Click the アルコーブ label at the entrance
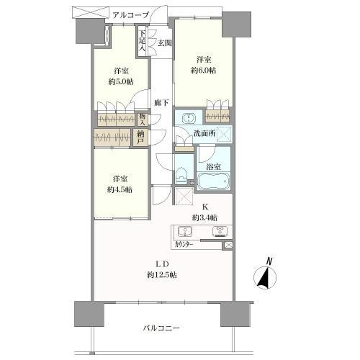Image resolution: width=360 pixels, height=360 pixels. point(131,15)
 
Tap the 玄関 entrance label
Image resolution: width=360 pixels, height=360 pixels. point(165,43)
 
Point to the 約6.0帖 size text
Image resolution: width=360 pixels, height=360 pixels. point(203,71)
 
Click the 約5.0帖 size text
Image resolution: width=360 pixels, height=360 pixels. point(121,82)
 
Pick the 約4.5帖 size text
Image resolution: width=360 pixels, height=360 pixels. point(120,190)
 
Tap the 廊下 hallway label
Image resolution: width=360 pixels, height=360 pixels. point(161,103)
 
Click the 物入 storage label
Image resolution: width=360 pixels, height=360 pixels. point(142,120)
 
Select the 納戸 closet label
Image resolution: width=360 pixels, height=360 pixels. point(140,138)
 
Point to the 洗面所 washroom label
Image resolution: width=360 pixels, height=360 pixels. point(204,133)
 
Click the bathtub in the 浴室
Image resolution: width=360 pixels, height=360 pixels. point(213,181)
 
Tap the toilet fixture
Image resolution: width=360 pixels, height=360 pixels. point(181,174)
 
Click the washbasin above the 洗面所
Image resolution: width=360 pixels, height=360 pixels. point(189,118)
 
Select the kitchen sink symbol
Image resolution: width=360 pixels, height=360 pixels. point(185,232)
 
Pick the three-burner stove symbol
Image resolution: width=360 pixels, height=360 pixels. point(220,232)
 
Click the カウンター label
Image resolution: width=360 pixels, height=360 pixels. point(184,245)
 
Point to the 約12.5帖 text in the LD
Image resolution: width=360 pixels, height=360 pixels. point(162,274)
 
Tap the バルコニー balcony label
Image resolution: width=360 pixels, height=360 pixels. point(161,328)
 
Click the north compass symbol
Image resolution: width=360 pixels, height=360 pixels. point(265,274)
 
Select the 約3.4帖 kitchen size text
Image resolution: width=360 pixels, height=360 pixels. point(204,217)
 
